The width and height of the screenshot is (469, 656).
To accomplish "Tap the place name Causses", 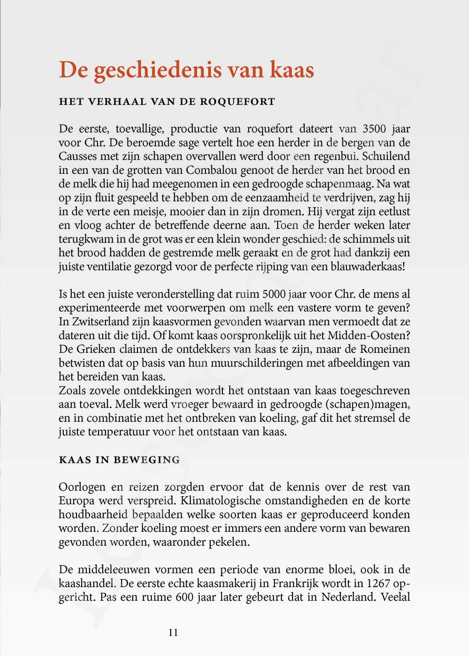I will click(76, 157).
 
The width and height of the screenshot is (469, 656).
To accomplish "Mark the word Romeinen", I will click(384, 350).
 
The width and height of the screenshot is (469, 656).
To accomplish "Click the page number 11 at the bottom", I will click(173, 633).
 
